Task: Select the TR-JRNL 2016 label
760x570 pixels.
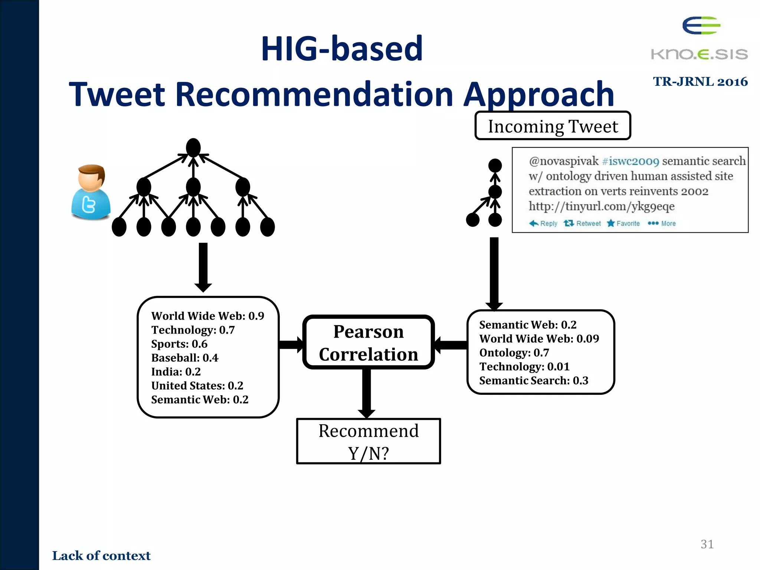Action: (700, 82)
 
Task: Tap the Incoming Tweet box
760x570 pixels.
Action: (553, 126)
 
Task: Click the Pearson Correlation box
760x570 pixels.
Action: (368, 343)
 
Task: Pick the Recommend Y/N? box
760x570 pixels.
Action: (368, 441)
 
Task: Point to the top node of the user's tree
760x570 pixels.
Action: (193, 148)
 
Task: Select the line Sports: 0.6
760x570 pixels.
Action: (179, 344)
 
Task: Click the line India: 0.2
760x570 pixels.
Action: (176, 372)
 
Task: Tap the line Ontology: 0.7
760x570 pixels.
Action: (514, 353)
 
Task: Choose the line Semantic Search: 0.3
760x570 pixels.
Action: (534, 380)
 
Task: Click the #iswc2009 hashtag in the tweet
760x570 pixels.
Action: (630, 161)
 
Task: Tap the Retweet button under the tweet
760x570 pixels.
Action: (582, 223)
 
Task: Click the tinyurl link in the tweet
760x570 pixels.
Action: (601, 206)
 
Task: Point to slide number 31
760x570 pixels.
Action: (707, 544)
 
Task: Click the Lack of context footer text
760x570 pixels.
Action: (101, 556)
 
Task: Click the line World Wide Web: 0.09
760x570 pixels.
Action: (539, 339)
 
